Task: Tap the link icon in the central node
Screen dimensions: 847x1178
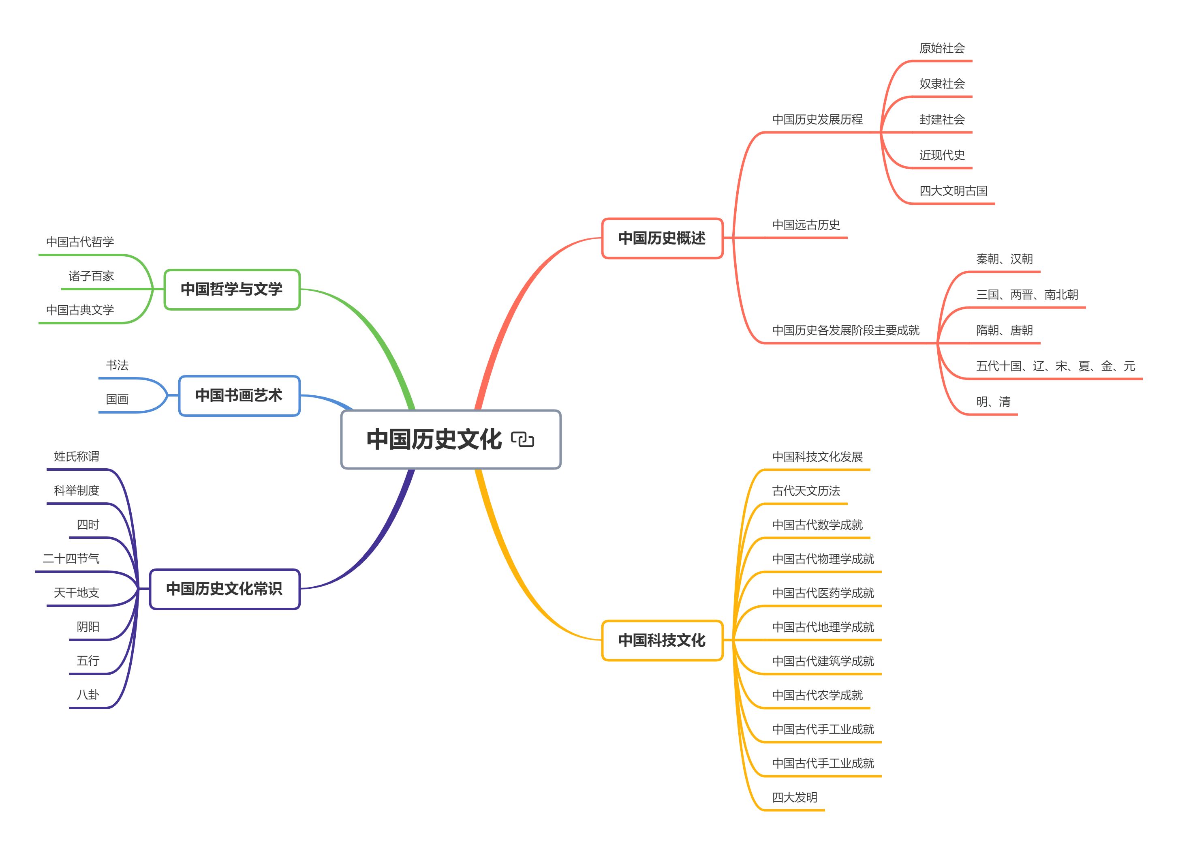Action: tap(522, 440)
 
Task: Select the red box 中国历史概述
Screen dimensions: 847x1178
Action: tap(662, 238)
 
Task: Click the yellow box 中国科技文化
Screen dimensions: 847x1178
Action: tap(662, 640)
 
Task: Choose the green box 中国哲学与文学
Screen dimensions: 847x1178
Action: tap(232, 289)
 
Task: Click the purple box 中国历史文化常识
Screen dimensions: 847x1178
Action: tap(224, 589)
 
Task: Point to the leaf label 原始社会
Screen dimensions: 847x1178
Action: tap(942, 48)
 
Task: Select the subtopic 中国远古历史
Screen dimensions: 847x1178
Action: tap(806, 225)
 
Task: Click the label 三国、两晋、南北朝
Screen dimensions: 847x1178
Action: tap(1027, 295)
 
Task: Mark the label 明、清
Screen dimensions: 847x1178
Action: tap(993, 402)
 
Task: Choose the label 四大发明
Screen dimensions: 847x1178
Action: tap(795, 797)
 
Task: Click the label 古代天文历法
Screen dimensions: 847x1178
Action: tap(806, 491)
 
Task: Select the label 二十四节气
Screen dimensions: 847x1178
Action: tap(71, 559)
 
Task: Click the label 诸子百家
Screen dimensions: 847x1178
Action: tap(92, 276)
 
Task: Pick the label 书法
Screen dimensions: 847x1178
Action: tap(118, 365)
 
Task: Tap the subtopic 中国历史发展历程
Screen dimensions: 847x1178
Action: tap(817, 120)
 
